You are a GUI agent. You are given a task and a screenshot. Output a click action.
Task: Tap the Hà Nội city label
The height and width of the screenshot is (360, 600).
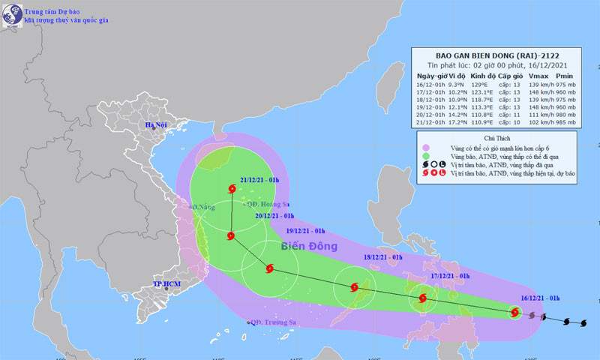(x=155, y=125)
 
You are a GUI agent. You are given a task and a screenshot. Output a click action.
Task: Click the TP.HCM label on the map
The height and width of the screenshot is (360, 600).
(x=168, y=284)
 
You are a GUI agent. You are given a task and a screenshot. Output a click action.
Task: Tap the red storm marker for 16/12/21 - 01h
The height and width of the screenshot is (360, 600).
(x=513, y=313)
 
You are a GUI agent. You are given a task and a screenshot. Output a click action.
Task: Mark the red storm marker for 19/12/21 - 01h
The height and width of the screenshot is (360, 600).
(x=268, y=268)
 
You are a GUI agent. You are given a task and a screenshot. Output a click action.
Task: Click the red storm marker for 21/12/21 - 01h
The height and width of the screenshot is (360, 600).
(x=231, y=190)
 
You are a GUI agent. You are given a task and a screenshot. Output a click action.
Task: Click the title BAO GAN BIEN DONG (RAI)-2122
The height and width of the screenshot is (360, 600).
(x=491, y=55)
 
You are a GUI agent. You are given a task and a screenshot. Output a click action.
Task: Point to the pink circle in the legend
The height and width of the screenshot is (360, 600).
(x=425, y=148)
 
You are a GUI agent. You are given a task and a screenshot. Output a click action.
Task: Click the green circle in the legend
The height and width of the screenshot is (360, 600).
(x=425, y=156)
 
